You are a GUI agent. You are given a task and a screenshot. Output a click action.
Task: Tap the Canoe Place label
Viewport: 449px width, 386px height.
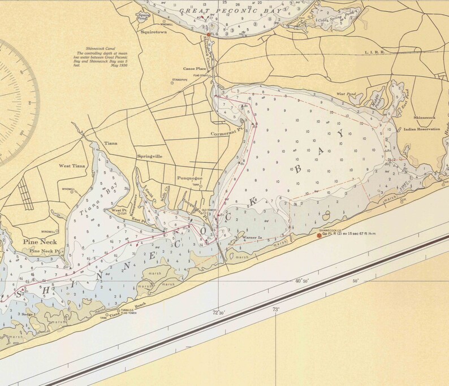click(194, 68)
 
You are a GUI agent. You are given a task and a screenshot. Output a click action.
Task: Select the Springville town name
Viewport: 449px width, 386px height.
click(150, 155)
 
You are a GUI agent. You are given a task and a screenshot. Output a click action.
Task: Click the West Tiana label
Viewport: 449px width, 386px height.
click(72, 166)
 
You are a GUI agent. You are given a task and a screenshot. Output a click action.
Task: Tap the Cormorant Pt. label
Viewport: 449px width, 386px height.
click(226, 134)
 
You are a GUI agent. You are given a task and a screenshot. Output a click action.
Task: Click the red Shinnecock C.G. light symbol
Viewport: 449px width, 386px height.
click(320, 235)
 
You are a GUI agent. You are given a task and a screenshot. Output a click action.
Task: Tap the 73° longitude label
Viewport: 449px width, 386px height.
click(276, 309)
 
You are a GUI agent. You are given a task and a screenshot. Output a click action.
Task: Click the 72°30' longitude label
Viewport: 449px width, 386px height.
click(219, 312)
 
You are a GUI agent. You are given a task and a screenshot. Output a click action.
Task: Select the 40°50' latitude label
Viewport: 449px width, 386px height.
click(302, 281)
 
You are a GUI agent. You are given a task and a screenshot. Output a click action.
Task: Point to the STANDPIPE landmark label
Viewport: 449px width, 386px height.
click(179, 80)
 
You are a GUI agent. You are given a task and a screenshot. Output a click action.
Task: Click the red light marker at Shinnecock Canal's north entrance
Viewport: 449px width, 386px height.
click(209, 35)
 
